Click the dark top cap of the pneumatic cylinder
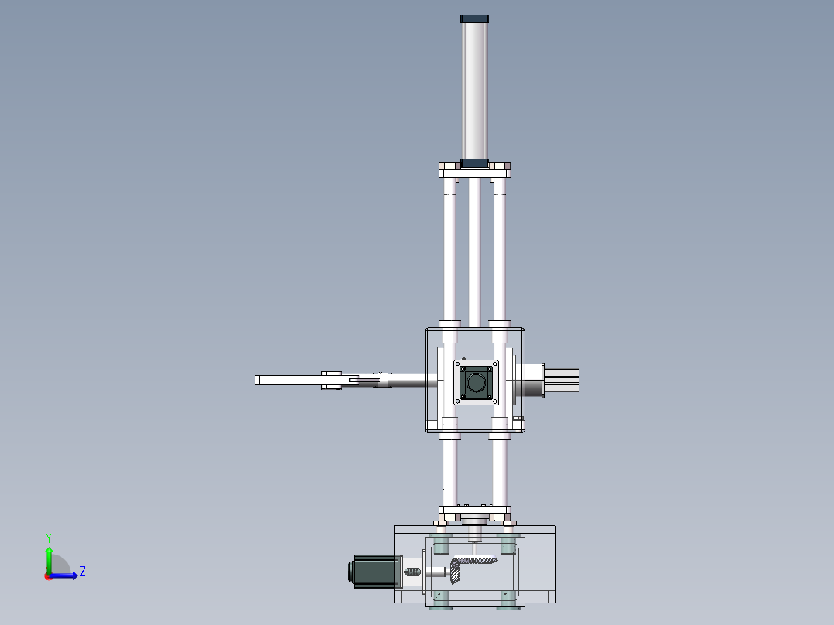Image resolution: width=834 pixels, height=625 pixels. tap(474, 19)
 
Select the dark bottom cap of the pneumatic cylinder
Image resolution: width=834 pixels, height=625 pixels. tap(474, 163)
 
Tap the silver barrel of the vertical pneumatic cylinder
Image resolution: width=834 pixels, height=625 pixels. tap(474, 89)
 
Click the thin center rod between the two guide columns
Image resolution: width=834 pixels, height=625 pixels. tap(474, 248)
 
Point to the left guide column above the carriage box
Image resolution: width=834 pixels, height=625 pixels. tap(449, 248)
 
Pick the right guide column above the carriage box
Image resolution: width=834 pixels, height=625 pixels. tap(499, 248)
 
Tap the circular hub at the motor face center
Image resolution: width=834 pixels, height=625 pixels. tap(475, 381)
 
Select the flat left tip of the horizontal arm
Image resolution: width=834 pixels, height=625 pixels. tap(258, 380)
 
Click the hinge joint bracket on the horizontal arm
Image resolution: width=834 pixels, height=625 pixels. tap(332, 380)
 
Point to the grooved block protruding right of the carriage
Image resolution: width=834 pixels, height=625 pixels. tap(566, 380)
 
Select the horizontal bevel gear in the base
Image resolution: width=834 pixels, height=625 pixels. tap(473, 562)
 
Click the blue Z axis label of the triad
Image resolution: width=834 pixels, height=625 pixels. tap(82, 572)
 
